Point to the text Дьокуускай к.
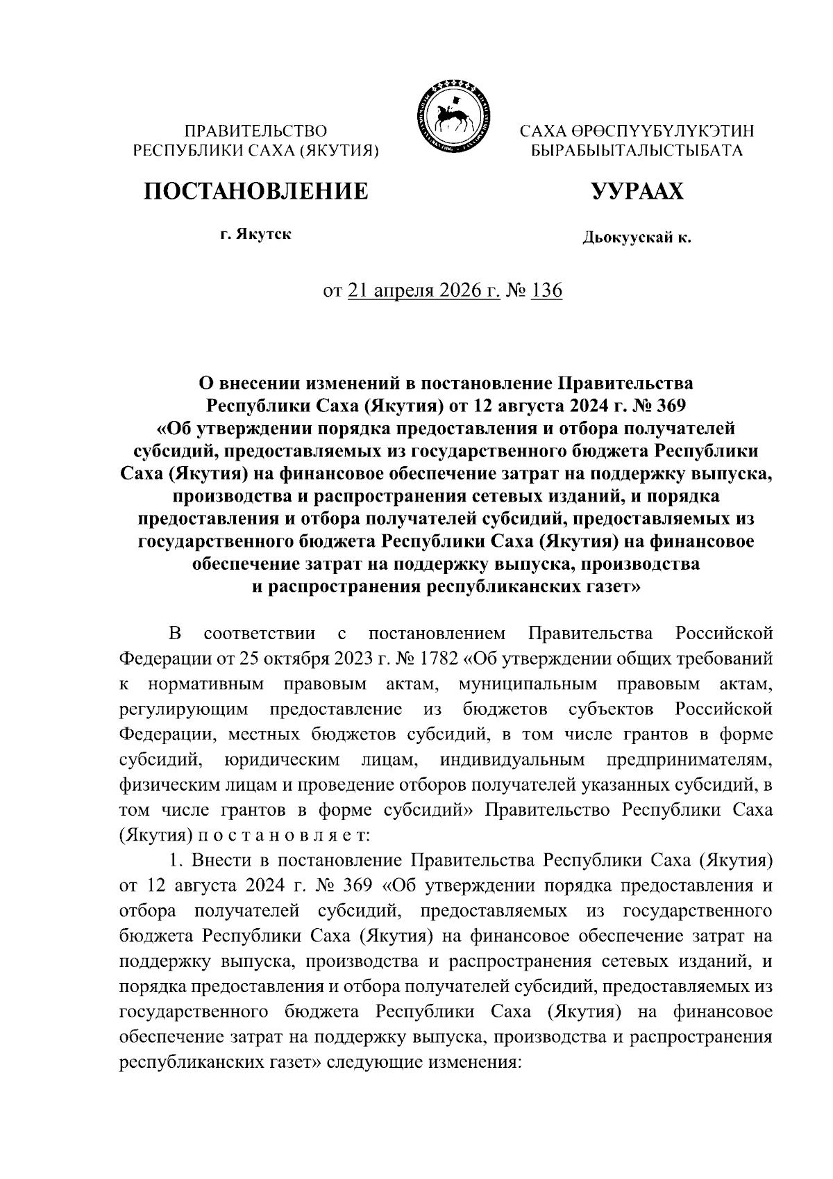[637, 238]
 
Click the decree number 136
[546, 290]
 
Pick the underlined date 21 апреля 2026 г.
[423, 290]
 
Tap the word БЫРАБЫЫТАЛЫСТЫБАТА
[637, 150]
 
